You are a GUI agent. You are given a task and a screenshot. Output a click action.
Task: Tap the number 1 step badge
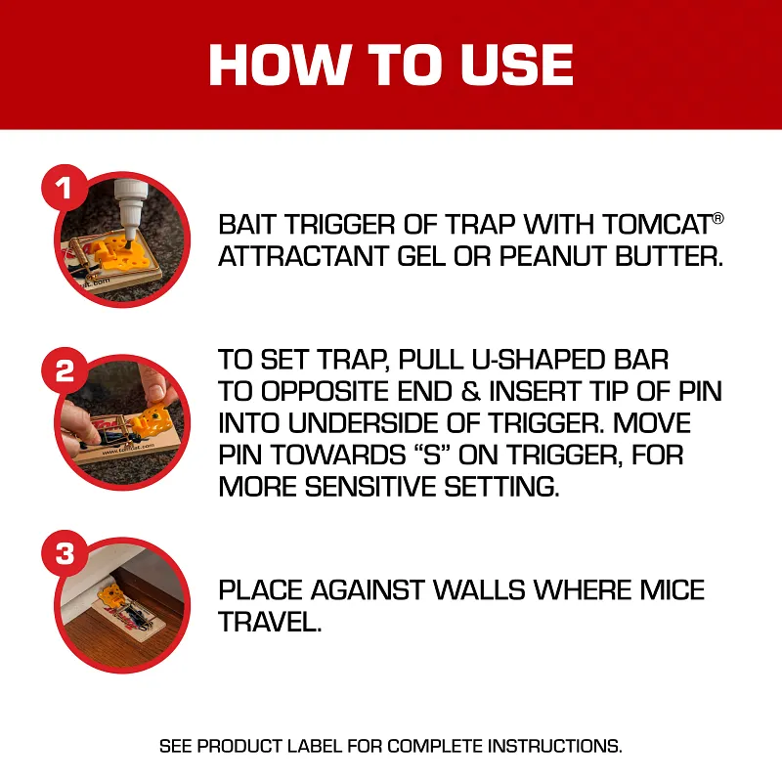pyautogui.click(x=65, y=188)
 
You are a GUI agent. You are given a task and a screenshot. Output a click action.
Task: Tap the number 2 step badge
pyautogui.click(x=65, y=370)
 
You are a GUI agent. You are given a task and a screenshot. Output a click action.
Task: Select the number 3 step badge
pyautogui.click(x=65, y=554)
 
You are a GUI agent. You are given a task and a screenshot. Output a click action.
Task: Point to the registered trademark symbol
pyautogui.click(x=718, y=217)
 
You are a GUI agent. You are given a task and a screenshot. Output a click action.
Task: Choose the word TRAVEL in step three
pyautogui.click(x=270, y=623)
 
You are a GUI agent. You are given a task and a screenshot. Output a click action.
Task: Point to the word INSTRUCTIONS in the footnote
pyautogui.click(x=556, y=746)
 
